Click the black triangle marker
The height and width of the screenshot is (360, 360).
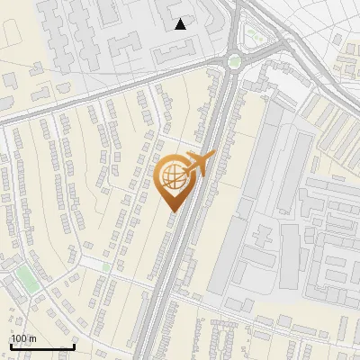coord(181,23)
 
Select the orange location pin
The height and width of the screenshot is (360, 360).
coord(175,180)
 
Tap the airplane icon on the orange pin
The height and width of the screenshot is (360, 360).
coord(199,163)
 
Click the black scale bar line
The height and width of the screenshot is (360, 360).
coord(41,346)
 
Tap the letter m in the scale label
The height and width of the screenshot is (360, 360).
coord(32,339)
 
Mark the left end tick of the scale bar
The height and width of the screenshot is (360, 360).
coord(10,345)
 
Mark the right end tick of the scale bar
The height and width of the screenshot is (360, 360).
coord(74,345)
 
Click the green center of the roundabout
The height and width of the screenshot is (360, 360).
coord(235,62)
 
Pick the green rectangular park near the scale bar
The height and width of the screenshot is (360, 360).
coord(28,278)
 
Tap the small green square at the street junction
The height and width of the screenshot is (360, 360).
coord(106,266)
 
